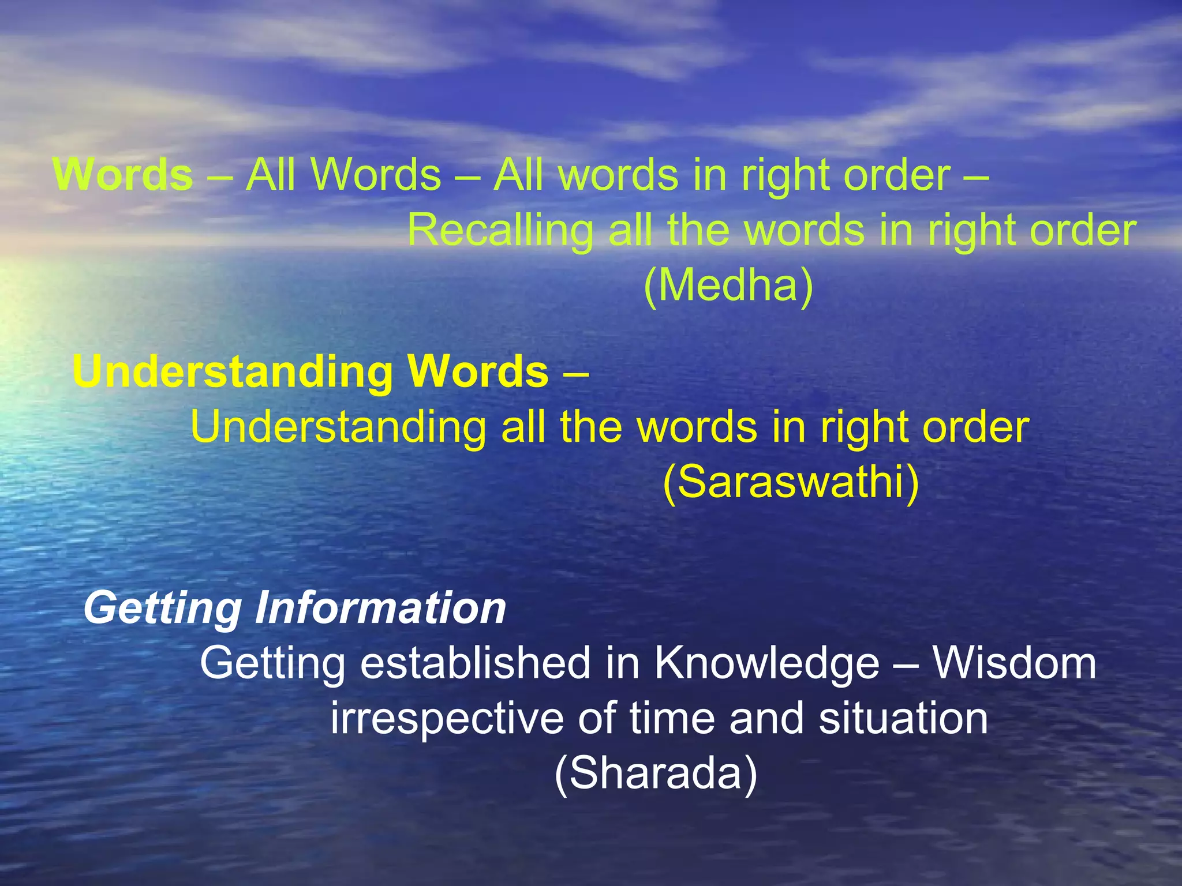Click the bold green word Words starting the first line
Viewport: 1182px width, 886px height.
[122, 174]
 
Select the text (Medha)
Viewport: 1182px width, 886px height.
[728, 285]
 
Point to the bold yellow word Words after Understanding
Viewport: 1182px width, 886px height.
[477, 371]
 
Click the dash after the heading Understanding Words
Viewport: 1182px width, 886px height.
[575, 373]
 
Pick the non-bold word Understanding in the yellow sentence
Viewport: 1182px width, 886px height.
[338, 427]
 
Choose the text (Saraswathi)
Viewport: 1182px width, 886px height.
[791, 482]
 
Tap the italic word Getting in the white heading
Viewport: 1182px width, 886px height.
[162, 609]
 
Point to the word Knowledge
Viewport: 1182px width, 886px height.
[767, 663]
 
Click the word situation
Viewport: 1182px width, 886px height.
[903, 718]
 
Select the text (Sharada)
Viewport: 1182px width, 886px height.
[656, 774]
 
